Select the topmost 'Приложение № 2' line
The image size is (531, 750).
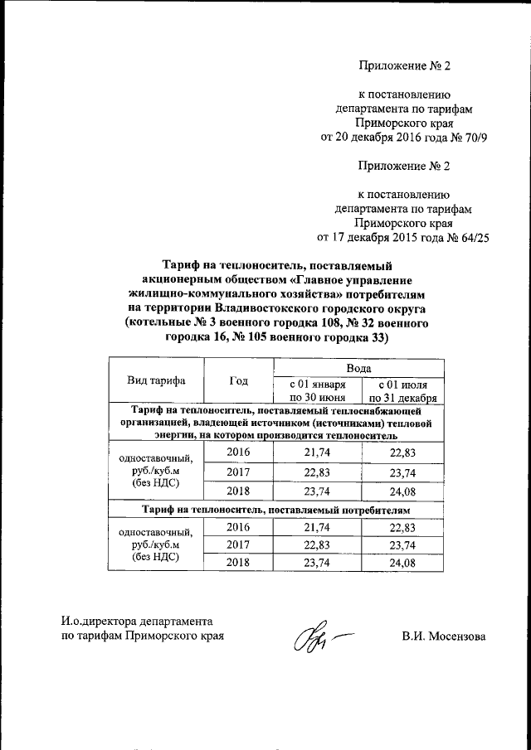[x=403, y=65]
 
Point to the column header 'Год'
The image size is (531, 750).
[x=239, y=380]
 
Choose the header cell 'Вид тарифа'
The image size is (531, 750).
[x=156, y=380]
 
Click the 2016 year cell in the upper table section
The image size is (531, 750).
[x=239, y=452]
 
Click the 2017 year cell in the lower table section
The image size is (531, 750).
[x=239, y=544]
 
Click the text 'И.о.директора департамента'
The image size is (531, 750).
[x=138, y=621]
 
